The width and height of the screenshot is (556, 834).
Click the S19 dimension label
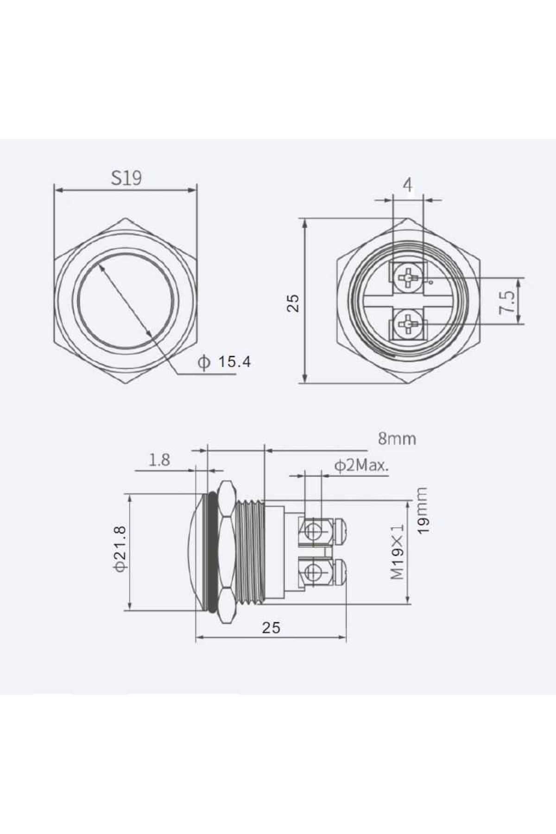pos(126,178)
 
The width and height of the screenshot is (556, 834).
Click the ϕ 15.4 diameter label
pos(225,362)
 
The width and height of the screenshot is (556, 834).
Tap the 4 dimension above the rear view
pos(407,185)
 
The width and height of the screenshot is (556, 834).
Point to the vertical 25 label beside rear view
pos(293,303)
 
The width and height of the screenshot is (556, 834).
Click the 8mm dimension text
pos(397,438)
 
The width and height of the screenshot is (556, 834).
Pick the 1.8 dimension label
pos(159,460)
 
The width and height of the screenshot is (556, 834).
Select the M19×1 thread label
pos(397,552)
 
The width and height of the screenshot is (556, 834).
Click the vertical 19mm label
pos(422,511)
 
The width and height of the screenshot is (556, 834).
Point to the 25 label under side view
pos(271,627)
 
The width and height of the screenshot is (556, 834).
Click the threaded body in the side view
pos(250,551)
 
